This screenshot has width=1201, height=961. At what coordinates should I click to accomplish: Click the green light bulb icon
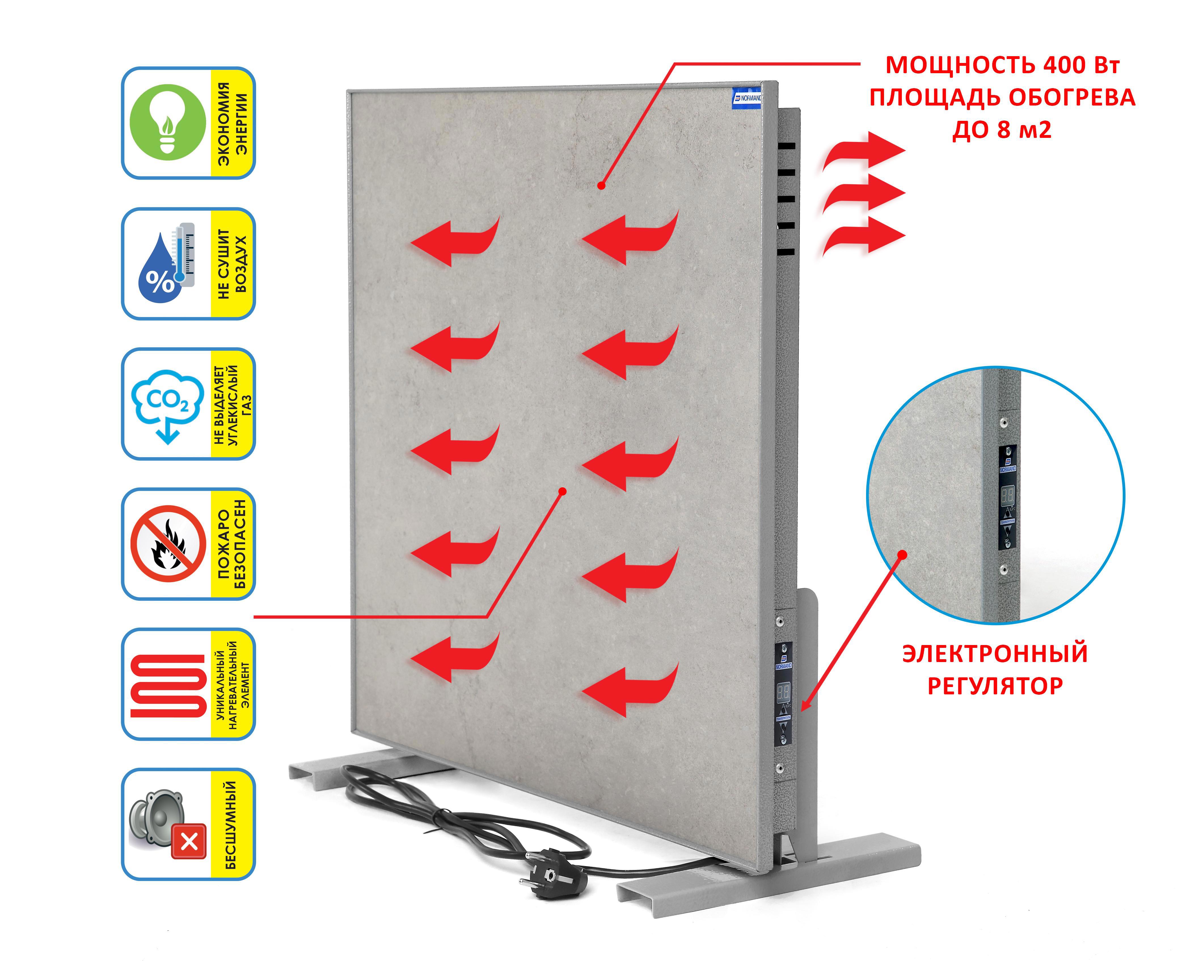168,123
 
